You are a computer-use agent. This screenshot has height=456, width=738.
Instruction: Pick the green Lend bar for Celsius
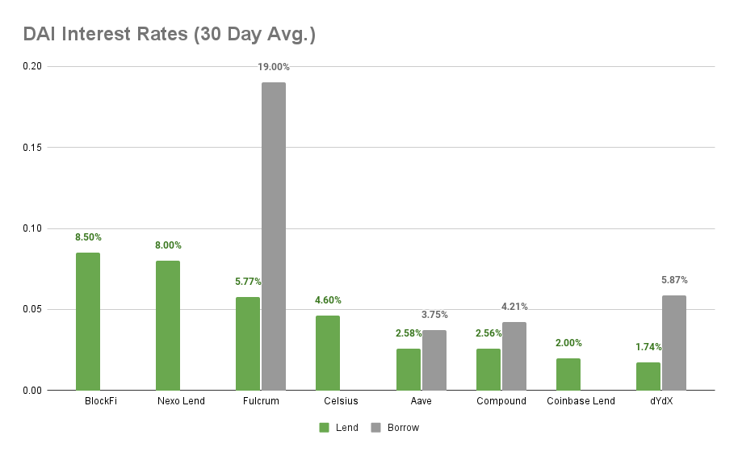(328, 353)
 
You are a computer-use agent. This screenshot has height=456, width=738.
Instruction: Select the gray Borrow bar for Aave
(434, 360)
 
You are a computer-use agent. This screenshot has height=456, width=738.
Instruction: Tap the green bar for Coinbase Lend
(568, 374)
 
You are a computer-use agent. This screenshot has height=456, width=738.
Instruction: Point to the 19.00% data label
(274, 67)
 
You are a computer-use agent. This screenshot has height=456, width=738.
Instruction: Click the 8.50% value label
(88, 237)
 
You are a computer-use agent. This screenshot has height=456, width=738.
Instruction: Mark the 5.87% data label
(674, 280)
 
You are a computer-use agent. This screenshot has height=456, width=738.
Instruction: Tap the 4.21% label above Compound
(514, 307)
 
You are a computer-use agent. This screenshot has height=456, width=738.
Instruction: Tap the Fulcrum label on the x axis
(260, 401)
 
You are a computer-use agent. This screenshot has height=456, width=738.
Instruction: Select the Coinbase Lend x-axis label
(581, 401)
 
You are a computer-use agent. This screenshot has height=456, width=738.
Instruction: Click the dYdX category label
(660, 401)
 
